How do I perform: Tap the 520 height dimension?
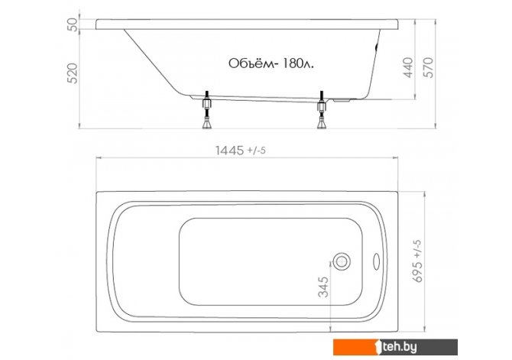(73, 73)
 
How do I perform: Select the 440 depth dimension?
(409, 67)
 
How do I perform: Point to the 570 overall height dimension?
(429, 67)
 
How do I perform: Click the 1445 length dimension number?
(229, 151)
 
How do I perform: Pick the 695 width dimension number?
(418, 271)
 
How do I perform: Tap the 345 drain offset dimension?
(323, 287)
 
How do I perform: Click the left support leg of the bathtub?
(207, 110)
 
